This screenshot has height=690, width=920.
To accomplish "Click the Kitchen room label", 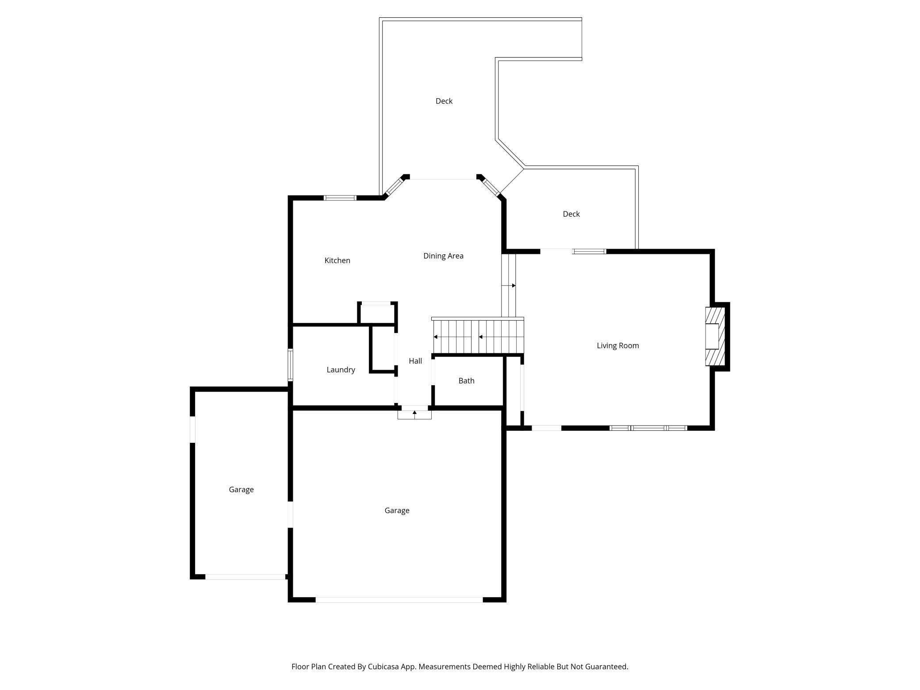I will click(337, 261).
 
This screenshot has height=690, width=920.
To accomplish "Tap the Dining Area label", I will click(443, 256).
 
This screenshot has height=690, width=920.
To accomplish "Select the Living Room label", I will click(617, 345).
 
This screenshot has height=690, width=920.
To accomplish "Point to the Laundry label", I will click(341, 370).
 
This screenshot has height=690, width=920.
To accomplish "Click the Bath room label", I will click(466, 380).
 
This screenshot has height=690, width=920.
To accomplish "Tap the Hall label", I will click(415, 361).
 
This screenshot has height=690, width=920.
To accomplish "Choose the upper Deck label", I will click(444, 101).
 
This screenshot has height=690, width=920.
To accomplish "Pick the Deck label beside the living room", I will click(571, 214).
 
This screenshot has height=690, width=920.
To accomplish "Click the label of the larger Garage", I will click(397, 510).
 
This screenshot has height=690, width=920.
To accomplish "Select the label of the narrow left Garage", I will click(241, 490).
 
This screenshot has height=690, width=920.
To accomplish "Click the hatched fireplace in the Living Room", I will click(715, 337).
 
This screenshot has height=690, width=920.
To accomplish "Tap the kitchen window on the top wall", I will click(340, 198).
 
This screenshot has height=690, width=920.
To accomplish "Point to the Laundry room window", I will click(291, 365).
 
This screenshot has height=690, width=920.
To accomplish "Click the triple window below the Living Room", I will click(648, 428).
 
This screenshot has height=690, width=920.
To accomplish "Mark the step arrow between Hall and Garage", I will click(414, 414).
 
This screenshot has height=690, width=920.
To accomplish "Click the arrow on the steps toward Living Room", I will click(513, 286).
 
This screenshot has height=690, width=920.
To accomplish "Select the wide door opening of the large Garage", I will click(399, 600).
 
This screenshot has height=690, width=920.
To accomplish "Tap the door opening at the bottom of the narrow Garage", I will click(245, 577).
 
